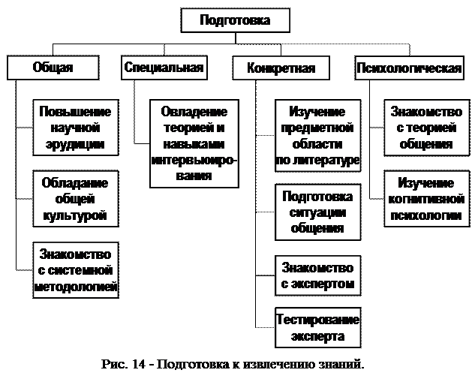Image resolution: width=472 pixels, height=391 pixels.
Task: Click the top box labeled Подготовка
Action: (x=236, y=20)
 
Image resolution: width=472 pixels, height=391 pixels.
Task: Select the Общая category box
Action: (x=53, y=68)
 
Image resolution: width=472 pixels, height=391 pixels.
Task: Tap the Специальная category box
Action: (x=164, y=68)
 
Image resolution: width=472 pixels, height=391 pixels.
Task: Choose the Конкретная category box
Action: (x=281, y=68)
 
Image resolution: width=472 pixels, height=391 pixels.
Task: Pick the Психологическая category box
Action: (x=408, y=68)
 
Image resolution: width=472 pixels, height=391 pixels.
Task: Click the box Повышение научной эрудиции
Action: (x=75, y=128)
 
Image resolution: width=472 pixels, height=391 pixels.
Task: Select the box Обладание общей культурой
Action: (x=75, y=199)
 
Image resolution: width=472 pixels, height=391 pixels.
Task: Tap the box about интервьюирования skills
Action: (x=194, y=143)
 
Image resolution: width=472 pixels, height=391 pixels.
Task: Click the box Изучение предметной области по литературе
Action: (x=318, y=136)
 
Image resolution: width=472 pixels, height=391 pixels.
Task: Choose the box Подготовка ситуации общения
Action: (x=318, y=212)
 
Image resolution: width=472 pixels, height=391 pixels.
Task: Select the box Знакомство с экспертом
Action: (x=318, y=275)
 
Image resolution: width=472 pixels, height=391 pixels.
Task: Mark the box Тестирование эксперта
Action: (x=318, y=328)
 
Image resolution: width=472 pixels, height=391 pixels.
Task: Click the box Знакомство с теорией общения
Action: (x=421, y=128)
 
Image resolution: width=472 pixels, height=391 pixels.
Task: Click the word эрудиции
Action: (x=75, y=143)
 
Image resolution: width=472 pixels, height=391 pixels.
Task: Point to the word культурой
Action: (x=75, y=215)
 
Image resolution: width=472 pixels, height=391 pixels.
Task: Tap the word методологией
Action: (x=75, y=286)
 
